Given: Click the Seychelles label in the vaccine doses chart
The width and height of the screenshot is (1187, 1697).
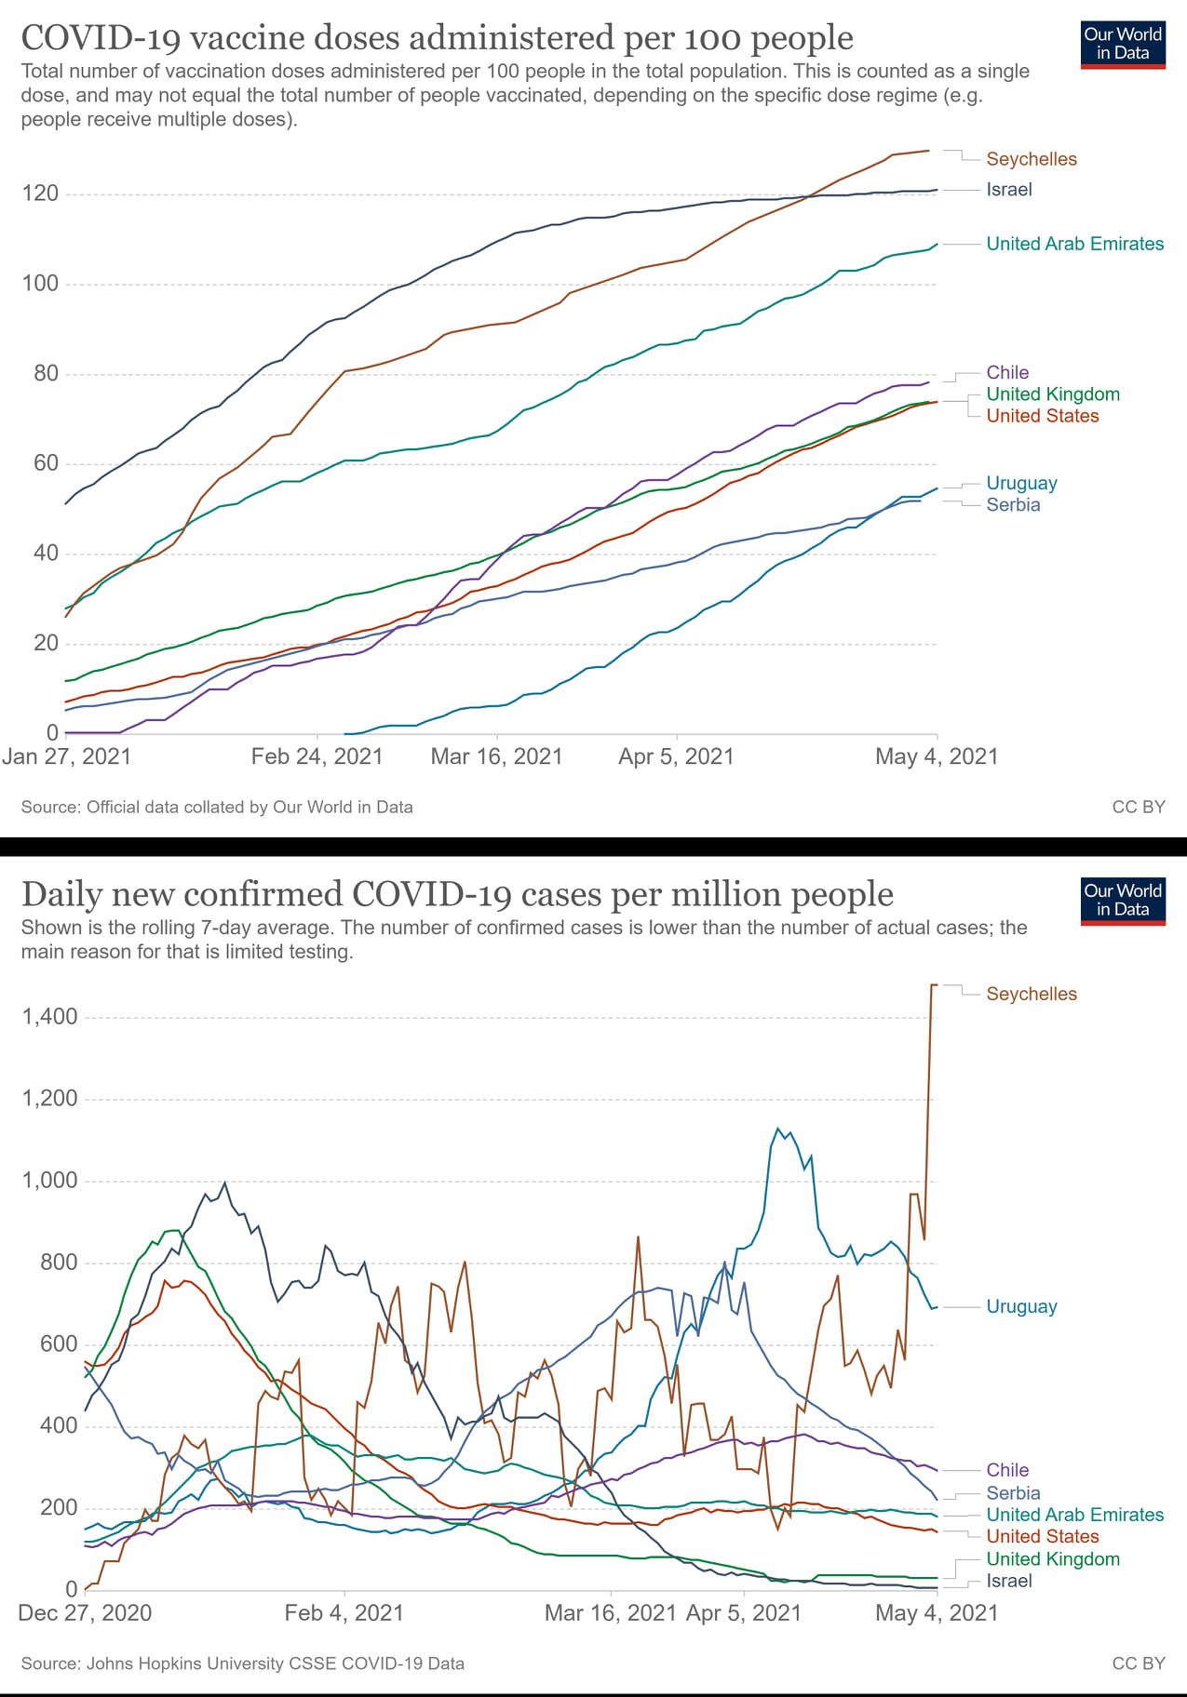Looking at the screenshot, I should click(1031, 159).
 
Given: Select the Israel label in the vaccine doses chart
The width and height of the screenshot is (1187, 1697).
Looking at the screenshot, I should click(1009, 190).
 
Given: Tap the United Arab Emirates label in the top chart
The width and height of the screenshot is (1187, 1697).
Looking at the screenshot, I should click(1074, 244).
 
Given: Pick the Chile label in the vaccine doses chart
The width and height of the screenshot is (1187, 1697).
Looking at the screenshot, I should click(1007, 372).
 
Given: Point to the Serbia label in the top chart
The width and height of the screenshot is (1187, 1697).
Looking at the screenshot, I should click(1013, 505).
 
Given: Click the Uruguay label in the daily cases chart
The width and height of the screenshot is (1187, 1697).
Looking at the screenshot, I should click(1021, 1306).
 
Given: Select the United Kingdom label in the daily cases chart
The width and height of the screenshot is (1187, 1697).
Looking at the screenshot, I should click(1053, 1558).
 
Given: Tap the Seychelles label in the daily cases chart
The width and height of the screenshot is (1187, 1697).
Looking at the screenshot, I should click(1031, 994).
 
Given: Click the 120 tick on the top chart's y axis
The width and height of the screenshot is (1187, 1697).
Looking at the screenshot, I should click(40, 194).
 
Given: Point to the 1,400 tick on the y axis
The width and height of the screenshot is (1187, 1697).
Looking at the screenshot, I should click(49, 1016).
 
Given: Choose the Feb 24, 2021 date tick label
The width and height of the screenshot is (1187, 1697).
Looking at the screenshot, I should click(317, 756).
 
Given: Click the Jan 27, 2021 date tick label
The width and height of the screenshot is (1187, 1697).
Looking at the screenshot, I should click(67, 756).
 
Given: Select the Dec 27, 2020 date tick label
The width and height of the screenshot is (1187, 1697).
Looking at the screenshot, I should click(85, 1612).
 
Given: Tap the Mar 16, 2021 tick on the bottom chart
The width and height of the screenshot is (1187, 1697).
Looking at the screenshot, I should click(610, 1612).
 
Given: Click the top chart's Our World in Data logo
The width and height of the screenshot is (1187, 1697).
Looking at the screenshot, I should click(1123, 45).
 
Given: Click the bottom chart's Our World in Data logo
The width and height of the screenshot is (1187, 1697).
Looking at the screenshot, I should click(1123, 901).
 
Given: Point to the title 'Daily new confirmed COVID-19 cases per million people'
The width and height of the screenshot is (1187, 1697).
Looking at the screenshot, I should click(457, 894).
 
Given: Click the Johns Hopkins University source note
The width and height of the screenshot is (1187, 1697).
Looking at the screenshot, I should click(243, 1664).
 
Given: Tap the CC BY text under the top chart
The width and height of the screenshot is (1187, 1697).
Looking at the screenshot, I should click(1138, 807).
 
